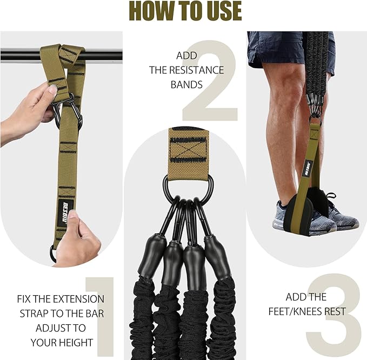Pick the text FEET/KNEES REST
point(306,311)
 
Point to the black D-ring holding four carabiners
point(188,186)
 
